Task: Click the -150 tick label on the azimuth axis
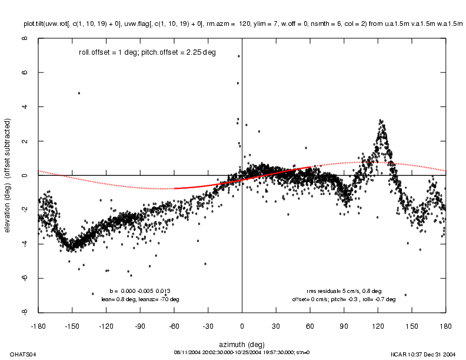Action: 72,325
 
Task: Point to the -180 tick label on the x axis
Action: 38,325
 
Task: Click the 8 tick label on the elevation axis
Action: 24,38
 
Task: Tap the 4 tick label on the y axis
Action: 24,106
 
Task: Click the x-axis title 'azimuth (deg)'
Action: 242,343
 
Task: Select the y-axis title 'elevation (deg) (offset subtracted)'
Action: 9,175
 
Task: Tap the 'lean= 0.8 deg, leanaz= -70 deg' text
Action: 140,299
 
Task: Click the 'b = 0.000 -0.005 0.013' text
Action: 140,291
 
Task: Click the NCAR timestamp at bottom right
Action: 422,354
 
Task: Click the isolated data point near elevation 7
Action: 238,56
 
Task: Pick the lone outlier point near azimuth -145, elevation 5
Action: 79,93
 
